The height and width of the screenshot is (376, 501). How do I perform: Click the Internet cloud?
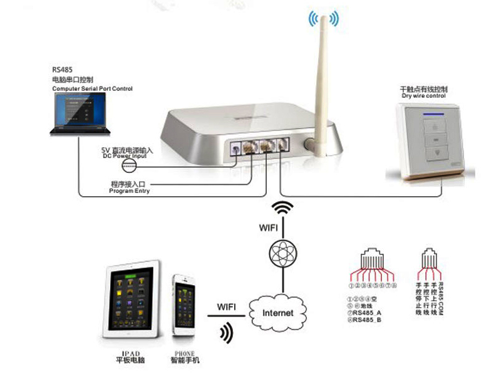tap(277, 311)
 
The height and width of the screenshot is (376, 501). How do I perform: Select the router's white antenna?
tap(322, 88)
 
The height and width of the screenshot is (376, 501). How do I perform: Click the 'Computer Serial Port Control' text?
tap(92, 90)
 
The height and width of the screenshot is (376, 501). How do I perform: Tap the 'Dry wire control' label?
tap(423, 96)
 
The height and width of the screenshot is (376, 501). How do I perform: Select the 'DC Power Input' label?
tap(125, 156)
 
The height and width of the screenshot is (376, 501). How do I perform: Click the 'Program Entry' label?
tap(130, 191)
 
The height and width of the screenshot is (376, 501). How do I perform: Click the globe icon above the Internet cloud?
tap(280, 253)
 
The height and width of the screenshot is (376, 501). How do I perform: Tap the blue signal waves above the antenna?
tap(323, 19)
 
